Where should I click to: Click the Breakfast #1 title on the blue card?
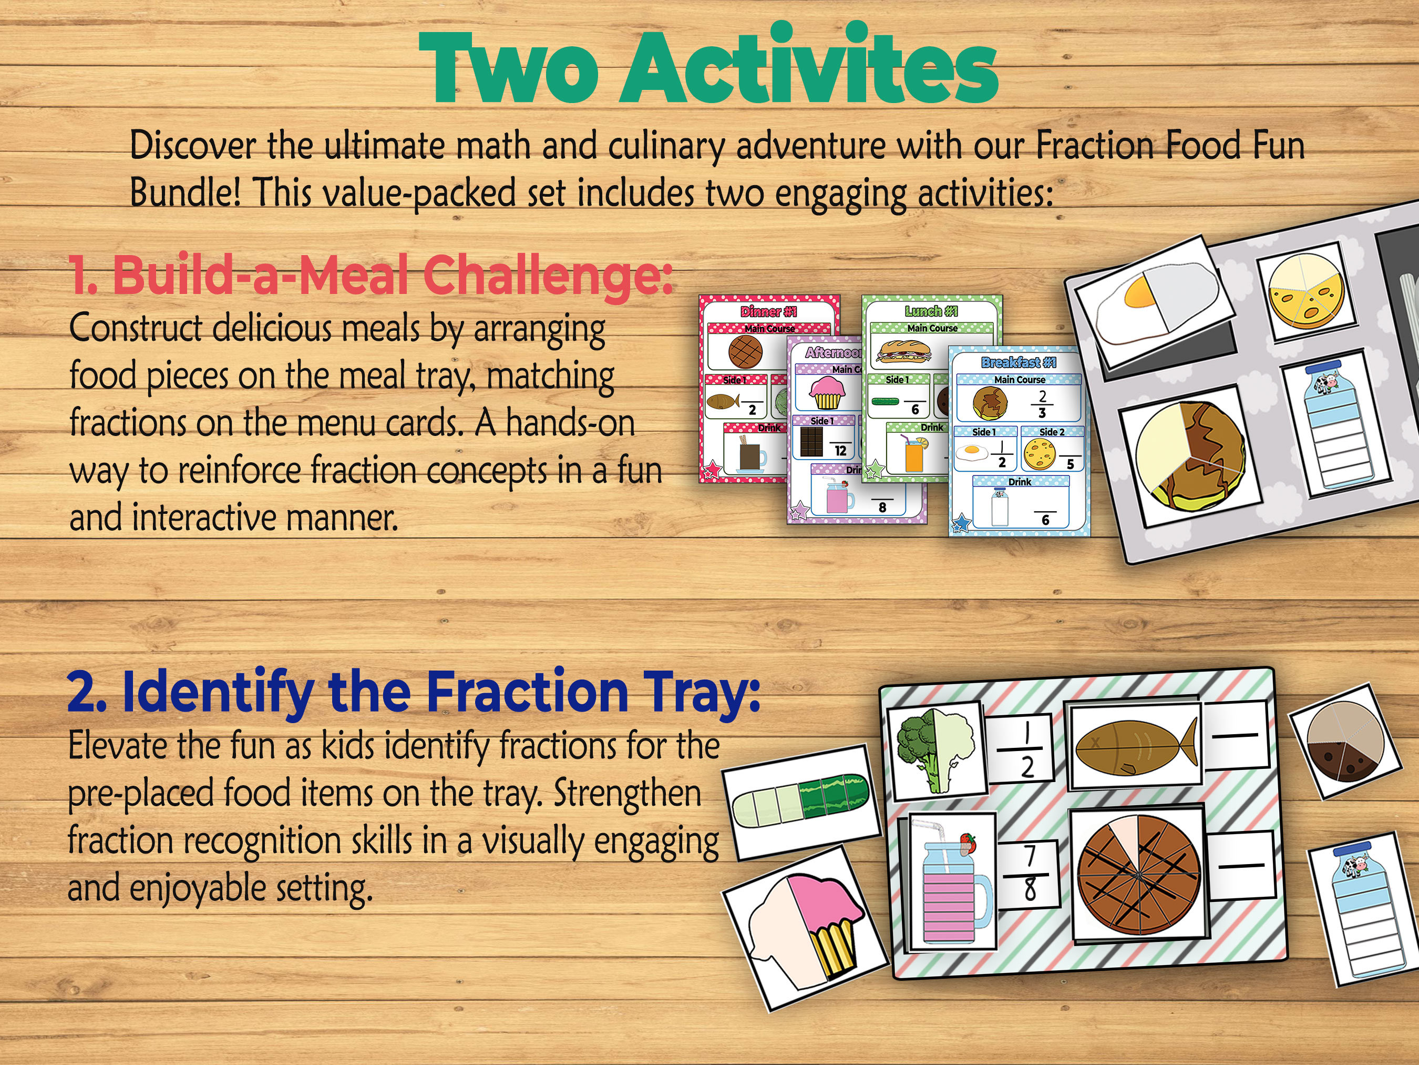[x=1019, y=362]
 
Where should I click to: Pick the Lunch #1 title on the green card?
[x=931, y=311]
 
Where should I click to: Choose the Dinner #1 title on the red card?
[x=768, y=312]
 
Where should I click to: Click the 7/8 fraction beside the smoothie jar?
[x=1030, y=874]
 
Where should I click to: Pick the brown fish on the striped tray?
[x=1134, y=745]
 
